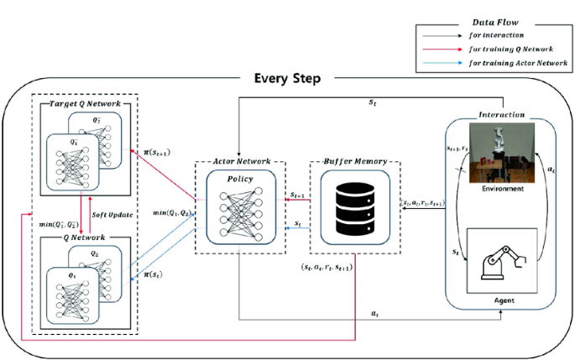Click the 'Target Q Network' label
pyautogui.click(x=83, y=103)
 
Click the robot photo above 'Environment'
pyautogui.click(x=500, y=152)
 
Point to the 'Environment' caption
pyautogui.click(x=500, y=190)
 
